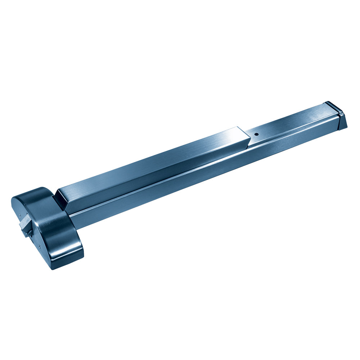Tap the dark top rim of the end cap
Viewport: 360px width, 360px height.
point(333,106)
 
